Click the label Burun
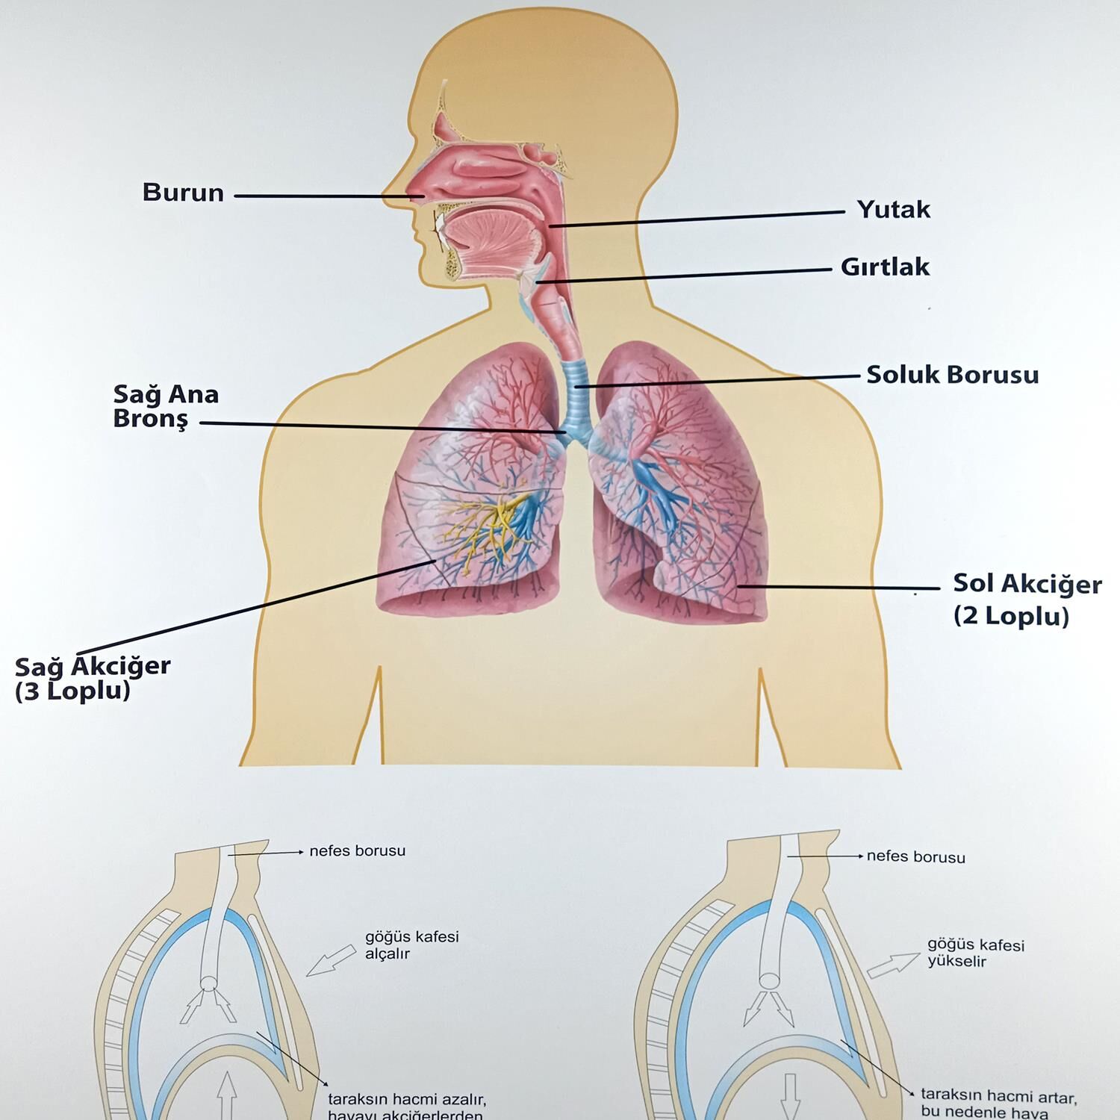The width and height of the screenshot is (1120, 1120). coord(183,193)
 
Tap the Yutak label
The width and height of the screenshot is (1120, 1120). coord(893,210)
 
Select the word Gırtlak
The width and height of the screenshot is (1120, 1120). coord(885,267)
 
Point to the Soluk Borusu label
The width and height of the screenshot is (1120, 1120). coord(952,375)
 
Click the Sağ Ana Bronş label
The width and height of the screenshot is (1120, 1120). coord(165,406)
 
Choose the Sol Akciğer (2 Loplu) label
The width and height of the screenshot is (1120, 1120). coord(1026,600)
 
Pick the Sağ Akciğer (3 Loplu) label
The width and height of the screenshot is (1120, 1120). coord(92,678)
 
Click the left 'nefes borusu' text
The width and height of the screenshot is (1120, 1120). coord(357,851)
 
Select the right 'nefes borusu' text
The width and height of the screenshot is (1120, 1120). coord(915,857)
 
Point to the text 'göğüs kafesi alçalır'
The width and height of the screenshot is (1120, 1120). coord(411,945)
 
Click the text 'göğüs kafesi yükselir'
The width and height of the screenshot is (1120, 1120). coord(976,953)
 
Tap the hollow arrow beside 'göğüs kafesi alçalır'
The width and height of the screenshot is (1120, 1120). coord(332,959)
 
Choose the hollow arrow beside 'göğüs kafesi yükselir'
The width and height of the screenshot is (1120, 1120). coord(893,965)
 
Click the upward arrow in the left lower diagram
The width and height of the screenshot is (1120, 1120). coord(227,1096)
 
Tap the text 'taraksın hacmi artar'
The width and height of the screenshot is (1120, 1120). coord(998,1097)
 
